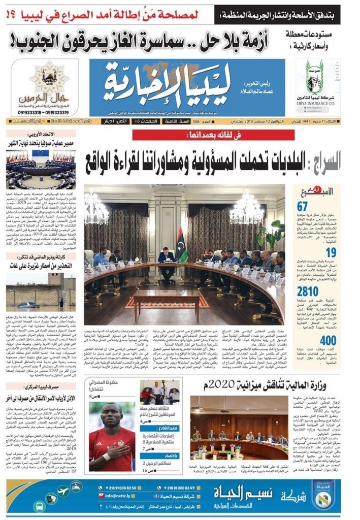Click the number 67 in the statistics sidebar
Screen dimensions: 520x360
(x=303, y=206)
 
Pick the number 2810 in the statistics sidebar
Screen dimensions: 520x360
(x=308, y=291)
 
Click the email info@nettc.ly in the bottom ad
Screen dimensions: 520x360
(x=114, y=495)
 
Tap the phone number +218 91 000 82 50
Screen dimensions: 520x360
(x=118, y=486)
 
